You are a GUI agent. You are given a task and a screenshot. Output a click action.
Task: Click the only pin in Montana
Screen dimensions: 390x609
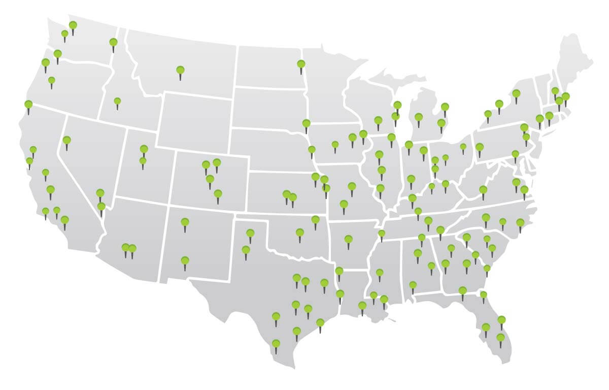[180, 71]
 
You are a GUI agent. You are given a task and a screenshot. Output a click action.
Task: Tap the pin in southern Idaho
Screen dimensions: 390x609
[117, 102]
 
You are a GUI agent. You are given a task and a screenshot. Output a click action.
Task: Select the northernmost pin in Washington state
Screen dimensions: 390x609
[73, 25]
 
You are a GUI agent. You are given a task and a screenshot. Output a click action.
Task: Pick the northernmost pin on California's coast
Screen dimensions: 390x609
[28, 105]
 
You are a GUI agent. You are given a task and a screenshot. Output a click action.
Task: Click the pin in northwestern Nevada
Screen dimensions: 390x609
[66, 141]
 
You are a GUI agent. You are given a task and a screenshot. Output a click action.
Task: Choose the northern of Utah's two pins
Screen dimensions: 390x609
[144, 149]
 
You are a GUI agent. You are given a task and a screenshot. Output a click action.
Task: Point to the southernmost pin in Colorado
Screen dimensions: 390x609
[218, 194]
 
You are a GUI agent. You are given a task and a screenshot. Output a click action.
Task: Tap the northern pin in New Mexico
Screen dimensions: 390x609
[185, 222]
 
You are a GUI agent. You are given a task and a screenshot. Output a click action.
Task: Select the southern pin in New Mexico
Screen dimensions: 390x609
[185, 261]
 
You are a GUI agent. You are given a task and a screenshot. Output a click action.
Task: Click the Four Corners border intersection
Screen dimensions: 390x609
[168, 206]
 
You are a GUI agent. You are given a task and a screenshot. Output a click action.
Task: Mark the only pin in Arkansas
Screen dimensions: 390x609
[348, 239]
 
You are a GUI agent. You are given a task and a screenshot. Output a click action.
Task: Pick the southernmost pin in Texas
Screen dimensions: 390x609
[276, 344]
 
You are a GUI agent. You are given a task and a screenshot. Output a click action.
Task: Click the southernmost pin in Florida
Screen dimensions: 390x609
[500, 338]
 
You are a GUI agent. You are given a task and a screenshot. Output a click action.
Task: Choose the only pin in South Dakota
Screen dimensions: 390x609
[306, 123]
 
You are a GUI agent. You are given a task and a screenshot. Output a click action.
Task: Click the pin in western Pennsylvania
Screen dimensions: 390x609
[480, 148]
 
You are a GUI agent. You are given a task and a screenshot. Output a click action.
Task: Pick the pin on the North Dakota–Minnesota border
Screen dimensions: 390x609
[301, 64]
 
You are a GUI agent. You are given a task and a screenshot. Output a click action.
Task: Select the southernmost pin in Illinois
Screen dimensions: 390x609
[380, 189]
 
